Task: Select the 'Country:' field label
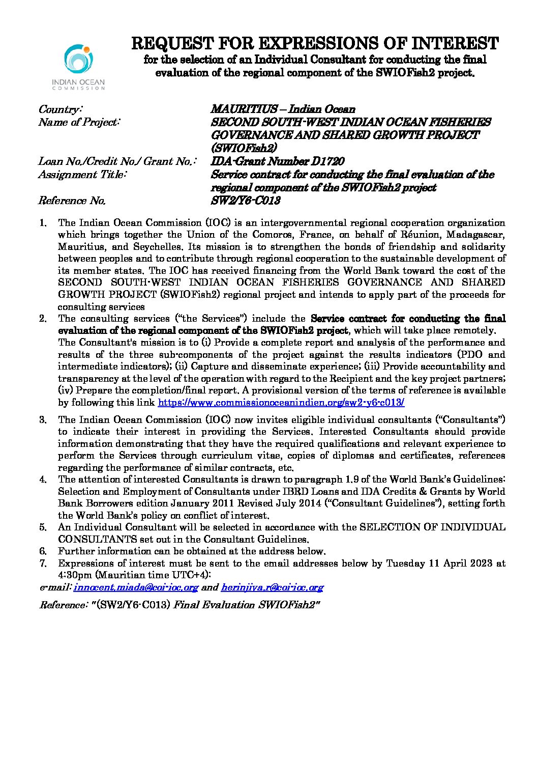click(x=60, y=109)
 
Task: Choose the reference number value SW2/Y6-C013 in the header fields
click(x=246, y=201)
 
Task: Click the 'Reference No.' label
click(x=72, y=201)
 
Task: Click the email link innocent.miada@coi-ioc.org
click(x=136, y=587)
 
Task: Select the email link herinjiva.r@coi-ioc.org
click(x=272, y=587)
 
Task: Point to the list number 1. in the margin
click(x=43, y=223)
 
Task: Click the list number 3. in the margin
click(x=43, y=420)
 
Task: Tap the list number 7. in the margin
click(x=43, y=563)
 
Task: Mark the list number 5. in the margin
click(x=43, y=527)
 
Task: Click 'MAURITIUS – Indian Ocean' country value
click(x=283, y=109)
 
